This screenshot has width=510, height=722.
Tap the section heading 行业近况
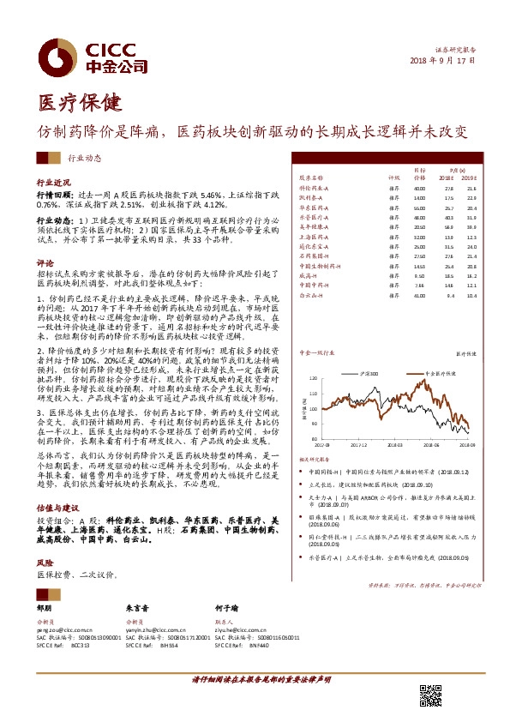[51, 184]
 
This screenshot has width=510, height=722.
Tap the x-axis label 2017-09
[321, 445]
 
